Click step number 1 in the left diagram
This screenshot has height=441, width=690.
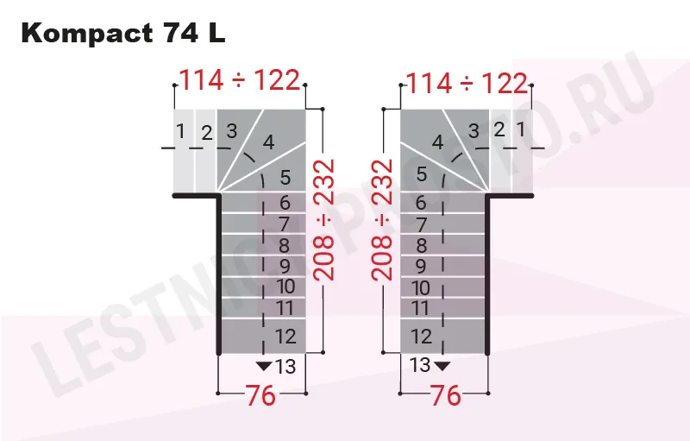[180, 131]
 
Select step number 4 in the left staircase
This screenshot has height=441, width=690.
[268, 143]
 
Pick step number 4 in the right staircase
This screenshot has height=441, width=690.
[438, 143]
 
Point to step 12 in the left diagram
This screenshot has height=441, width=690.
[285, 336]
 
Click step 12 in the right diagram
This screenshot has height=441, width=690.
[421, 336]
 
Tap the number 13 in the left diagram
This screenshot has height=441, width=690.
[285, 367]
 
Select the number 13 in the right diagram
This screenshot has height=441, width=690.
[420, 365]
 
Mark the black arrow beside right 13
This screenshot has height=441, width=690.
[442, 366]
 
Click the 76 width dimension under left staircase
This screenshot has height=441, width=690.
[261, 396]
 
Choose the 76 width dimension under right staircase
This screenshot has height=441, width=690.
[445, 396]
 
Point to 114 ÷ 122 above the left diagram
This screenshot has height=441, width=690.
[239, 81]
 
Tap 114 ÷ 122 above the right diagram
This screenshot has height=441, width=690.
[466, 83]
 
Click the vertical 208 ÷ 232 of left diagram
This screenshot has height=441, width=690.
[323, 221]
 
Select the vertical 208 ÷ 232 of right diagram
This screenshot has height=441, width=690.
[383, 221]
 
